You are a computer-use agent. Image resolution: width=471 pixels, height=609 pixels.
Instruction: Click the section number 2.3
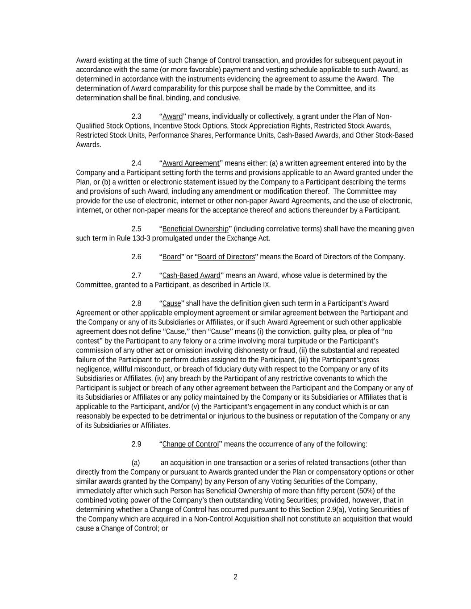coord(136,116)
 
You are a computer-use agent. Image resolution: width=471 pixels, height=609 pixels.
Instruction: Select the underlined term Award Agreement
coord(191,163)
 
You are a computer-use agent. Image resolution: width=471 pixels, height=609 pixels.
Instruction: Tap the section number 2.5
coord(136,229)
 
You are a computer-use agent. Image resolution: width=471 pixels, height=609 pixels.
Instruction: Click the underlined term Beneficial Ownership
coord(195,229)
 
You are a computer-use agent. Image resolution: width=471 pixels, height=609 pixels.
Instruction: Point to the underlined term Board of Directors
coord(226,257)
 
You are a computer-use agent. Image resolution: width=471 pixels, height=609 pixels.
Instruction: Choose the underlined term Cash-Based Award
coord(192,275)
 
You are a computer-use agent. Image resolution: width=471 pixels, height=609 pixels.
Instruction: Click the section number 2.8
coord(136,303)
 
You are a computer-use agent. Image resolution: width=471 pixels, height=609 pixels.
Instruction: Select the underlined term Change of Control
coord(191,444)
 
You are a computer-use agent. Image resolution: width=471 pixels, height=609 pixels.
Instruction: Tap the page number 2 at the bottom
coord(235,577)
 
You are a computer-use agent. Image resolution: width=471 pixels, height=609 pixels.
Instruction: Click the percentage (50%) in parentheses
coord(367,491)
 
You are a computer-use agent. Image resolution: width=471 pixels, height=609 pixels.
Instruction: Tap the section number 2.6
coord(136,257)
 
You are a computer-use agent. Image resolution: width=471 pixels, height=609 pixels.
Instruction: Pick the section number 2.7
coord(136,275)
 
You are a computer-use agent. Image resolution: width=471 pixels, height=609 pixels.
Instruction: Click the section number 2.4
coord(136,163)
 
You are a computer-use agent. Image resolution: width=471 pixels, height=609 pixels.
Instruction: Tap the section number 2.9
coord(136,444)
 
